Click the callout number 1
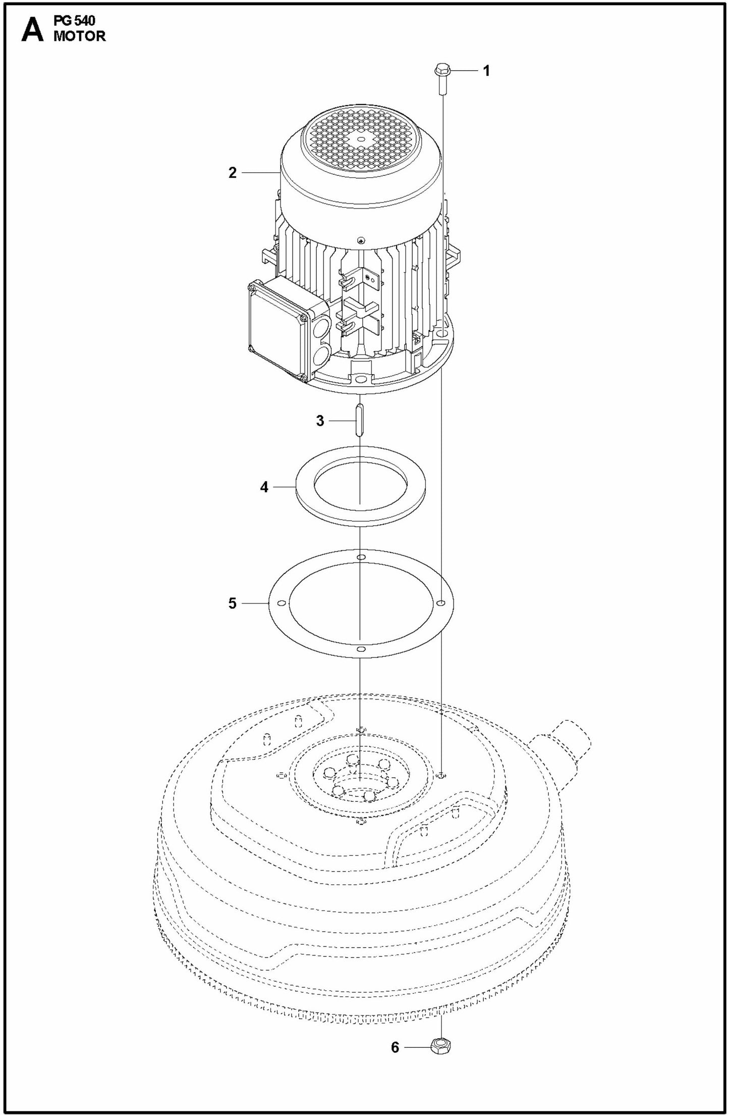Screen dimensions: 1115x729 click(486, 71)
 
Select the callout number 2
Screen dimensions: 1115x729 click(232, 173)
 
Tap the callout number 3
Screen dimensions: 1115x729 click(320, 421)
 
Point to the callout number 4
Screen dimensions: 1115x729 click(264, 487)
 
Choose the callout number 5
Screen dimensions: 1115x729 click(232, 603)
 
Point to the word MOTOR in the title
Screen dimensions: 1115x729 click(80, 36)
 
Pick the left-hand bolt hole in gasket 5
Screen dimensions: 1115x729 click(282, 603)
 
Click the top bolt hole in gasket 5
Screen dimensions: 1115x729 click(360, 557)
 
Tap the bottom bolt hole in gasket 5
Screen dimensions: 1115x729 click(360, 649)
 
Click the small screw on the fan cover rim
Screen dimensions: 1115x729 click(360, 240)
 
